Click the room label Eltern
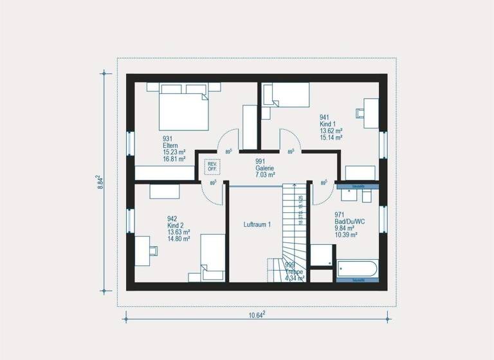coord(170,145)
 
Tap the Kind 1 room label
coord(328,123)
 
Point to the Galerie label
coord(265,168)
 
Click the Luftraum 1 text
coord(257,224)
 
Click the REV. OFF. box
coord(212,166)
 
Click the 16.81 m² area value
coord(174,158)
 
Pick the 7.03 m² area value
coord(265,174)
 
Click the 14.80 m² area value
coord(178,239)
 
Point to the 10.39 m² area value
coord(347,234)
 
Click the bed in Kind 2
coord(211,258)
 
